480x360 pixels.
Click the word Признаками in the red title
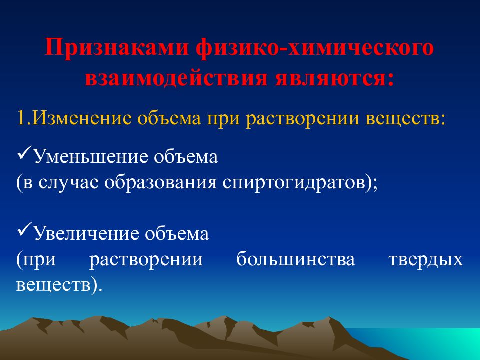[x=116, y=48]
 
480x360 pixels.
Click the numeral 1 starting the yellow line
[x=21, y=118]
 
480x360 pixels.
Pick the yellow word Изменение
[x=81, y=118]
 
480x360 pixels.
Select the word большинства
[x=295, y=259]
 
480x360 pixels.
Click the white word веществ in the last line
[x=53, y=285]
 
